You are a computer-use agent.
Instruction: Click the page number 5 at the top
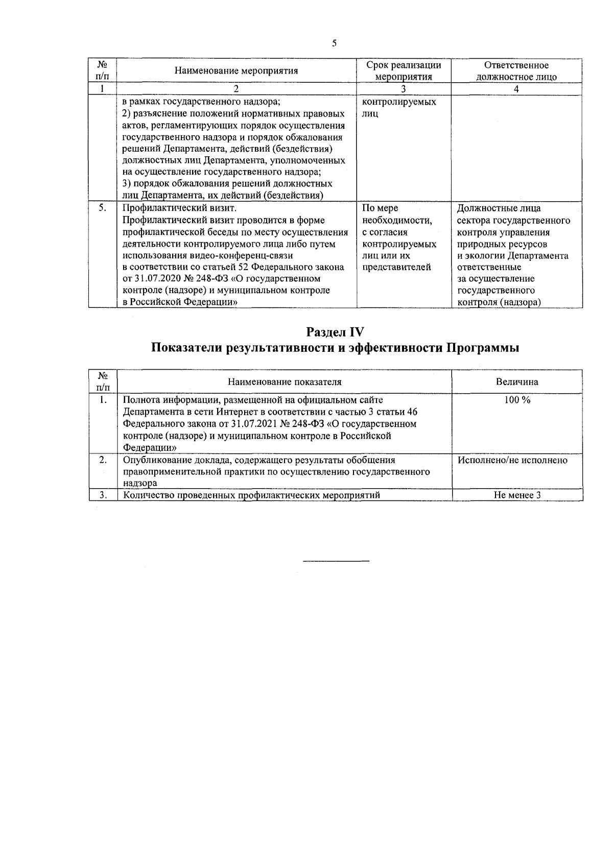(x=334, y=43)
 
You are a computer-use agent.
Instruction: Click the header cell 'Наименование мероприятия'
(x=236, y=71)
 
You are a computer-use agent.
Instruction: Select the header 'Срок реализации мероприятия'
(x=404, y=71)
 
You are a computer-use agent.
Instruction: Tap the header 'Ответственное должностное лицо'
(x=516, y=71)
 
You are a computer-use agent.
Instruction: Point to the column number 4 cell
(x=516, y=89)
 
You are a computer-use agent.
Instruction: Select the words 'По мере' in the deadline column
(x=380, y=208)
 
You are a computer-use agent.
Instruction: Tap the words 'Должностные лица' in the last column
(x=499, y=208)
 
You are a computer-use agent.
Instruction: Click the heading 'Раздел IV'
(x=335, y=331)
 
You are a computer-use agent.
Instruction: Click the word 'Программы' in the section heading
(x=483, y=348)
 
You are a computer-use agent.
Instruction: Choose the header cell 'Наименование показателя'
(x=285, y=382)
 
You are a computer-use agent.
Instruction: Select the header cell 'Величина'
(x=517, y=382)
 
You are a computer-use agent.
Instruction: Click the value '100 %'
(x=517, y=400)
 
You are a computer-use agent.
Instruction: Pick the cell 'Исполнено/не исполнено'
(x=512, y=460)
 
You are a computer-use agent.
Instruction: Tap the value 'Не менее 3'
(x=517, y=495)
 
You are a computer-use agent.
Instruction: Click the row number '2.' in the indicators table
(x=103, y=460)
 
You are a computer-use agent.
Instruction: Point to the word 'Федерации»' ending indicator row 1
(x=150, y=447)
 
